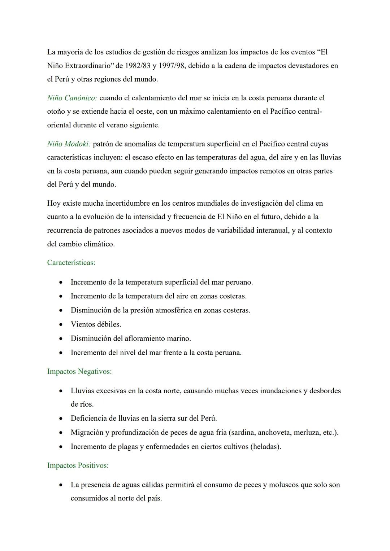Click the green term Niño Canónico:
[x=72, y=98]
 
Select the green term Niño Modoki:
[x=69, y=144]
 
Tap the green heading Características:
[x=71, y=263]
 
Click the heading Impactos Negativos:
[x=79, y=371]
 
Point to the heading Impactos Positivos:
[x=78, y=465]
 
